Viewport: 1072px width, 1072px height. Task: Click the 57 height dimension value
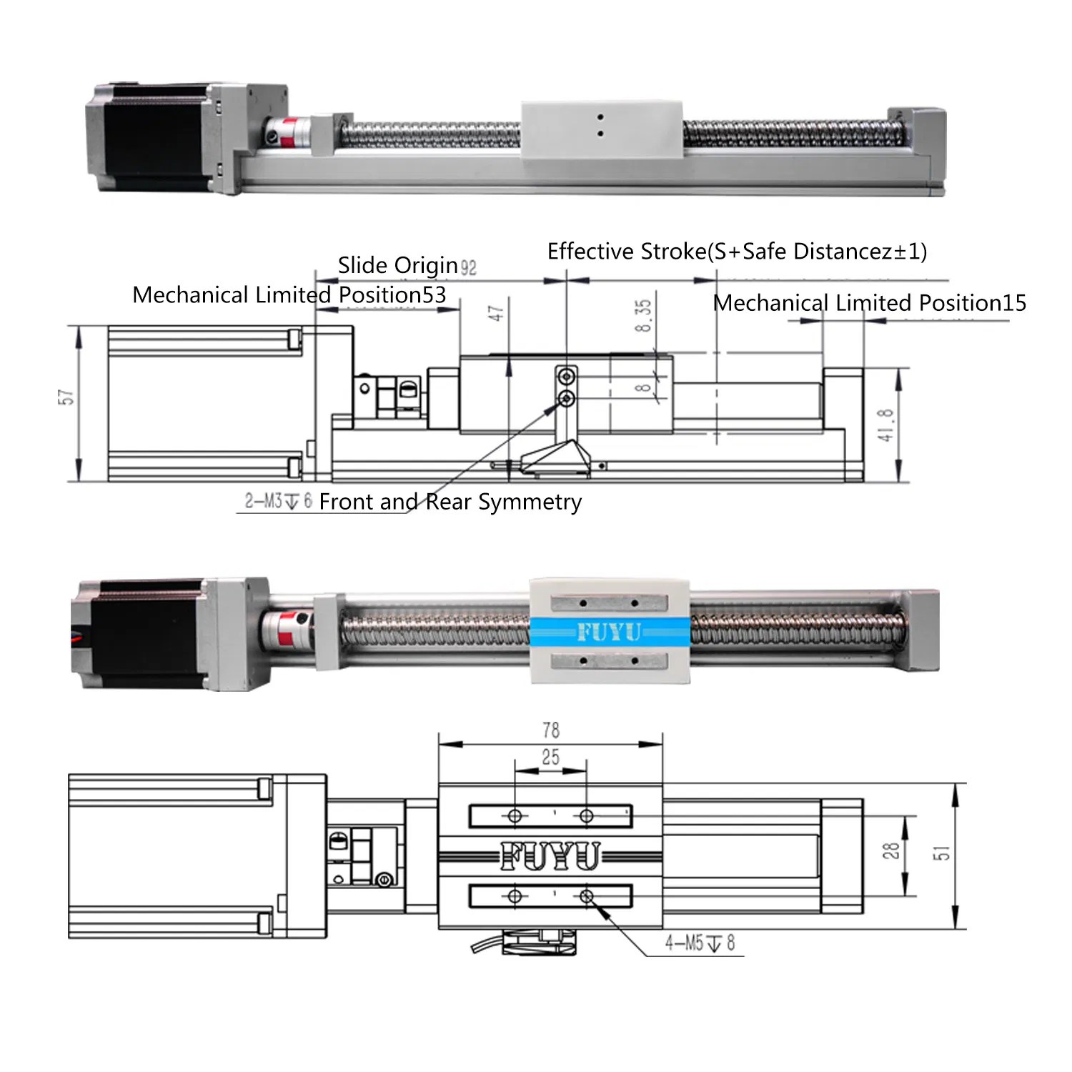point(66,397)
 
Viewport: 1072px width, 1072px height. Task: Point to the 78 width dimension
point(550,730)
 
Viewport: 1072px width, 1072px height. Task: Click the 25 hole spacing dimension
point(550,757)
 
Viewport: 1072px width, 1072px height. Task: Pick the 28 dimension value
point(890,850)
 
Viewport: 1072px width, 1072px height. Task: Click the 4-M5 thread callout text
point(700,943)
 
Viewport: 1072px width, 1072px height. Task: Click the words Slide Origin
point(397,265)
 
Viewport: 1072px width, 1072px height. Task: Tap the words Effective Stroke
point(627,252)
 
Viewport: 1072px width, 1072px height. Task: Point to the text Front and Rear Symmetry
point(450,502)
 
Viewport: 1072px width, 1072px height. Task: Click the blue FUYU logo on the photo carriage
point(609,632)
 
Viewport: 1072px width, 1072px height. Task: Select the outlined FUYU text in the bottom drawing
point(550,855)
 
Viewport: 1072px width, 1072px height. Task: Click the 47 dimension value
point(496,313)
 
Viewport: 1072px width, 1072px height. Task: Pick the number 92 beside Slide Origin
point(468,268)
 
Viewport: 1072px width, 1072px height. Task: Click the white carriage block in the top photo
point(601,129)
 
